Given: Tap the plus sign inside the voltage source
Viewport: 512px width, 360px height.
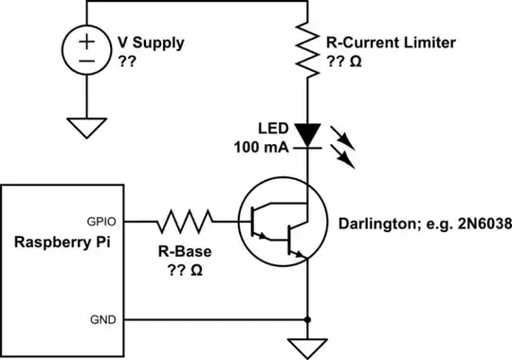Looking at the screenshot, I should (x=85, y=42).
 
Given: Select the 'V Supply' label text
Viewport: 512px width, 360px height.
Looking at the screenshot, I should (x=150, y=44).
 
